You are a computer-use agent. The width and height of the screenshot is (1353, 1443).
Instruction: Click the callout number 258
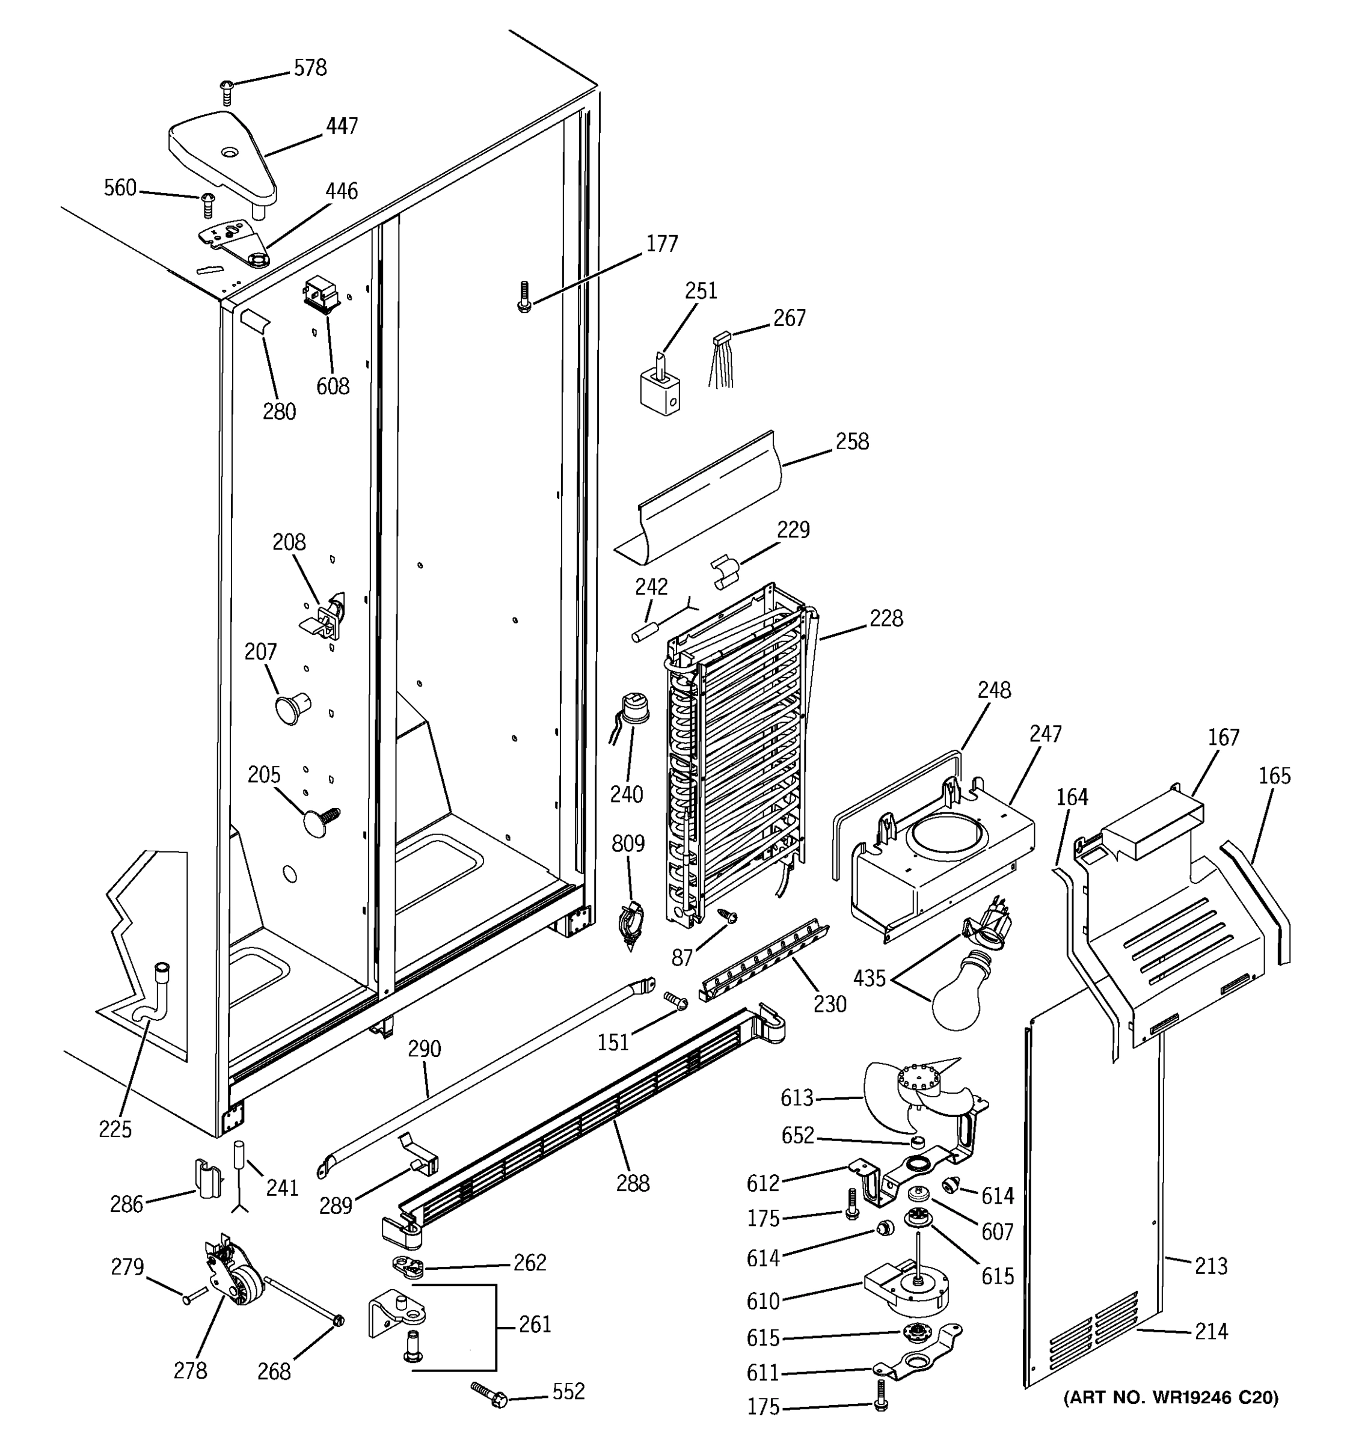(851, 441)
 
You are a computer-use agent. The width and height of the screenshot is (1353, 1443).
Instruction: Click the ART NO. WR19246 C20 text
(1170, 1397)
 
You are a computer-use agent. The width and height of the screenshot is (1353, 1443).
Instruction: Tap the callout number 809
(628, 844)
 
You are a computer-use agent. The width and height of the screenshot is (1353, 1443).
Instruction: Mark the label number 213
(1210, 1266)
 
